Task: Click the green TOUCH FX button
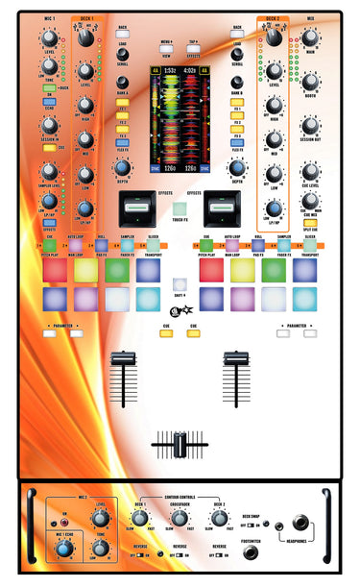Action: tap(180, 208)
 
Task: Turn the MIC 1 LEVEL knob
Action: tap(49, 39)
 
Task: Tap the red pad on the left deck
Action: tap(55, 271)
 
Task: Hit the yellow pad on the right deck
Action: tap(242, 271)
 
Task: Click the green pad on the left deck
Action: tap(117, 271)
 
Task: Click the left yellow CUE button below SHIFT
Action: tap(165, 333)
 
